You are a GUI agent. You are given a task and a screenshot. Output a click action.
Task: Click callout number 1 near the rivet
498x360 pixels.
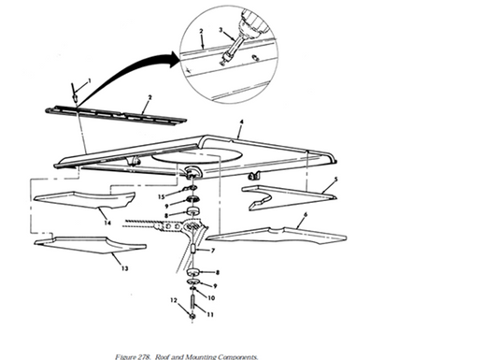[x=90, y=81]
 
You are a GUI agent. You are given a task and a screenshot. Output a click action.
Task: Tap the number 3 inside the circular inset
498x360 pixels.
[x=221, y=31]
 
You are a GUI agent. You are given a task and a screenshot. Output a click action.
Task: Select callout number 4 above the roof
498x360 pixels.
[x=240, y=122]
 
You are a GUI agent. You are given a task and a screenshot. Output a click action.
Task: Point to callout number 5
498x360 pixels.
[x=335, y=179]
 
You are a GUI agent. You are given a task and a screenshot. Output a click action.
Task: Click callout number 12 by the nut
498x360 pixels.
[x=173, y=299]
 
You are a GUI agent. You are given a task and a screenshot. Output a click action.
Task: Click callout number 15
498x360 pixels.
[x=161, y=195]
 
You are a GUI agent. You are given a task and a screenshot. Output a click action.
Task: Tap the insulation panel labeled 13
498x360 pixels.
[x=89, y=248]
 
